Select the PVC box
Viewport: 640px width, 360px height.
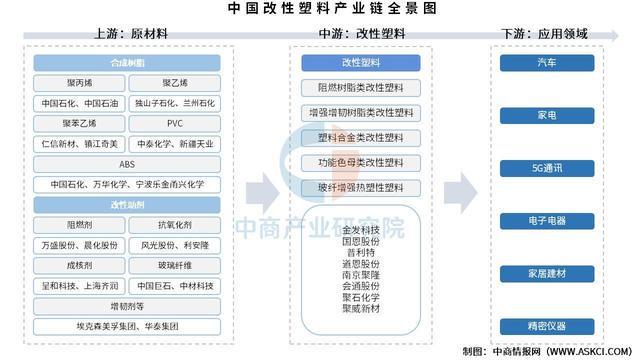pyautogui.click(x=175, y=124)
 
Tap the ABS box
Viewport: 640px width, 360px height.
pyautogui.click(x=127, y=164)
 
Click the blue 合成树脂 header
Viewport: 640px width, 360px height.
pyautogui.click(x=127, y=62)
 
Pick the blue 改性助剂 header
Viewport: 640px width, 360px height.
pyautogui.click(x=127, y=205)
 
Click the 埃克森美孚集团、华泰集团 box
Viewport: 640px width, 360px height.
pyautogui.click(x=127, y=326)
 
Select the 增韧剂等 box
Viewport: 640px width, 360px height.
pyautogui.click(x=127, y=306)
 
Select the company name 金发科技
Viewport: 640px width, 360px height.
pyautogui.click(x=361, y=229)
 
